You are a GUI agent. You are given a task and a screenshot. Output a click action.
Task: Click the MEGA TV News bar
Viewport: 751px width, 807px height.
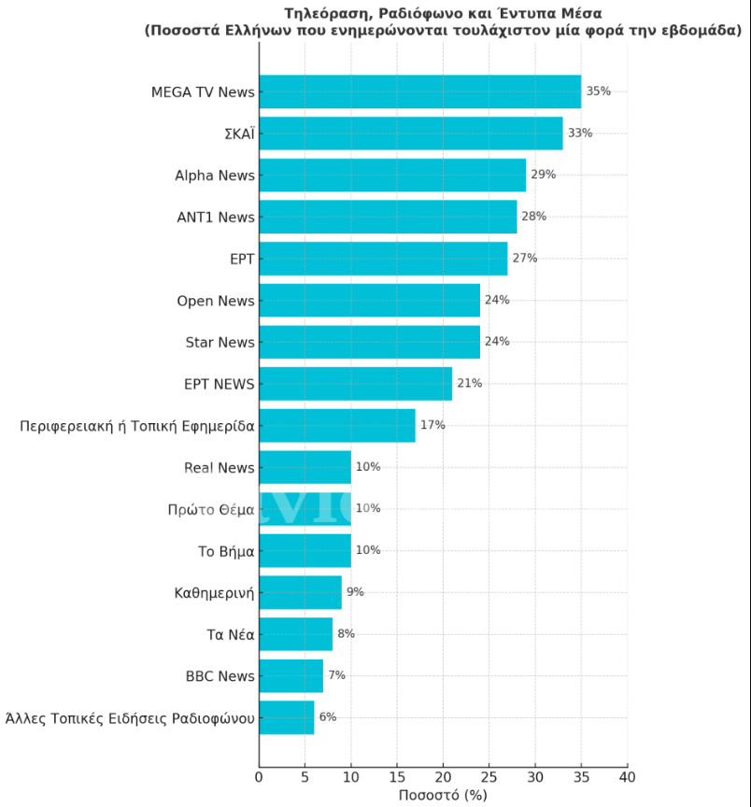419,92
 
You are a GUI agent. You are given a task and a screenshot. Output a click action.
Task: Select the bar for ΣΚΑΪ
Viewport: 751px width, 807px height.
410,133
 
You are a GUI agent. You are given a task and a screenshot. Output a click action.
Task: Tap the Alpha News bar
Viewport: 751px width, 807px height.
392,175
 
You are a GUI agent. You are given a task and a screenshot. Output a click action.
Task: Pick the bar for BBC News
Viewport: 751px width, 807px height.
290,675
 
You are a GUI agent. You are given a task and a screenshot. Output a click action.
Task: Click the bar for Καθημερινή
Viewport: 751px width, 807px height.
300,592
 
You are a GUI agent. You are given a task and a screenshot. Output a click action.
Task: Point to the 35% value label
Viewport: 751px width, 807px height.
598,92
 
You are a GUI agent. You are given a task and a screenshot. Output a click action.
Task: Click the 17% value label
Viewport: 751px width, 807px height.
432,425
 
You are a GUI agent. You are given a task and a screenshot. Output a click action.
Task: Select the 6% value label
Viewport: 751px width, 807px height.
327,717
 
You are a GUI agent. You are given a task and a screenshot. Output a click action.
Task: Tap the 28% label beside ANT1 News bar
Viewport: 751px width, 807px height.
533,217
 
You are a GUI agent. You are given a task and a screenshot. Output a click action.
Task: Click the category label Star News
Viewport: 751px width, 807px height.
220,343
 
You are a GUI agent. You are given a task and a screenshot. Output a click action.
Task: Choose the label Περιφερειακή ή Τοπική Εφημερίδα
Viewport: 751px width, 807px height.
137,427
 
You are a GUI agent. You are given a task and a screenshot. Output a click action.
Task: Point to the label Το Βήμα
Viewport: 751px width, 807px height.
226,551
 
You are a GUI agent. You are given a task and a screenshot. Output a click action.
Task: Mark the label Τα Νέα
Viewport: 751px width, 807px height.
231,635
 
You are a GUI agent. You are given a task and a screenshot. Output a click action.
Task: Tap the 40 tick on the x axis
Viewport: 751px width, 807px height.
627,777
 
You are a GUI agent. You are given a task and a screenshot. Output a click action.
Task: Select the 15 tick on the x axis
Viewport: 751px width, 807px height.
397,777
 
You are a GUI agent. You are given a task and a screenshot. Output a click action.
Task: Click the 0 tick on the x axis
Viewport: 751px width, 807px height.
259,777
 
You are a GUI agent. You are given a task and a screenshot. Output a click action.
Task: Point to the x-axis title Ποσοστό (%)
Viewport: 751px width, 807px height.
443,796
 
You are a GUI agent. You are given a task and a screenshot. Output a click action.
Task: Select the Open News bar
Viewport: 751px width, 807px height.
369,300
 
